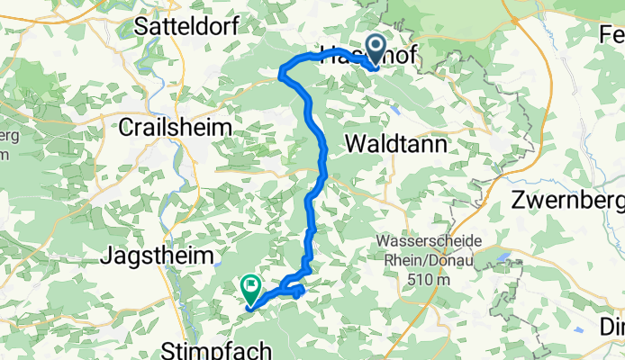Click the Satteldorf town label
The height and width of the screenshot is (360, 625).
(186, 27)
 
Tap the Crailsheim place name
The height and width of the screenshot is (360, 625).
(177, 129)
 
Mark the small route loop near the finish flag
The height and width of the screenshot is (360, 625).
(294, 287)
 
